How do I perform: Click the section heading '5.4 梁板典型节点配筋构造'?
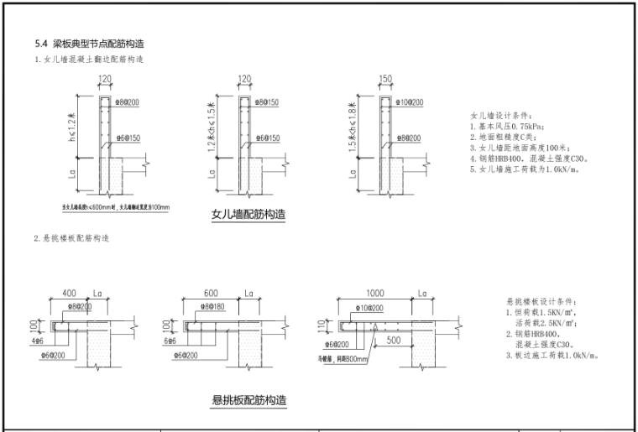click(x=93, y=43)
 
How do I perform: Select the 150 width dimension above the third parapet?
click(x=386, y=79)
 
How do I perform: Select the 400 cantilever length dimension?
click(x=70, y=294)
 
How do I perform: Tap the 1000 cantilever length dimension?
click(x=374, y=294)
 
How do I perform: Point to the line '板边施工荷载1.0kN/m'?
click(x=557, y=355)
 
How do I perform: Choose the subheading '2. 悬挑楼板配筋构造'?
click(x=71, y=239)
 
